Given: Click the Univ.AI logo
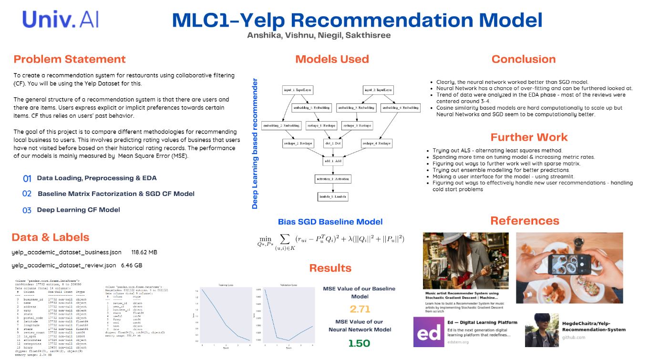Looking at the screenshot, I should [59, 19].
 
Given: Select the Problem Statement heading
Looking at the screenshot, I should [70, 59].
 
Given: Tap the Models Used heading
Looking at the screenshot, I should [332, 59].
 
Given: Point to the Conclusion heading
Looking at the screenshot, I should [524, 59].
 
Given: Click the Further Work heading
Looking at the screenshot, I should [529, 137].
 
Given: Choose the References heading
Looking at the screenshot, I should [525, 221].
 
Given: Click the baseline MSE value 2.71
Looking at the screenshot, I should [360, 309].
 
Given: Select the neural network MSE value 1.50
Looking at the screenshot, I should [360, 343].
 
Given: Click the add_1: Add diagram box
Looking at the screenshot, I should [332, 161].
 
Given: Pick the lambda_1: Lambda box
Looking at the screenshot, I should [332, 196].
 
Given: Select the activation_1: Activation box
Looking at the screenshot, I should [332, 179].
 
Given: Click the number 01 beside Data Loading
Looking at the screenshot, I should [27, 178].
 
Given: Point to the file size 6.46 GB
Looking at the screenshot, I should [131, 265].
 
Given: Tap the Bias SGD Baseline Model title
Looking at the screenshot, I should [330, 222].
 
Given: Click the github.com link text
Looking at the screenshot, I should [573, 338].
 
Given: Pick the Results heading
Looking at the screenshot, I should [330, 268].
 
